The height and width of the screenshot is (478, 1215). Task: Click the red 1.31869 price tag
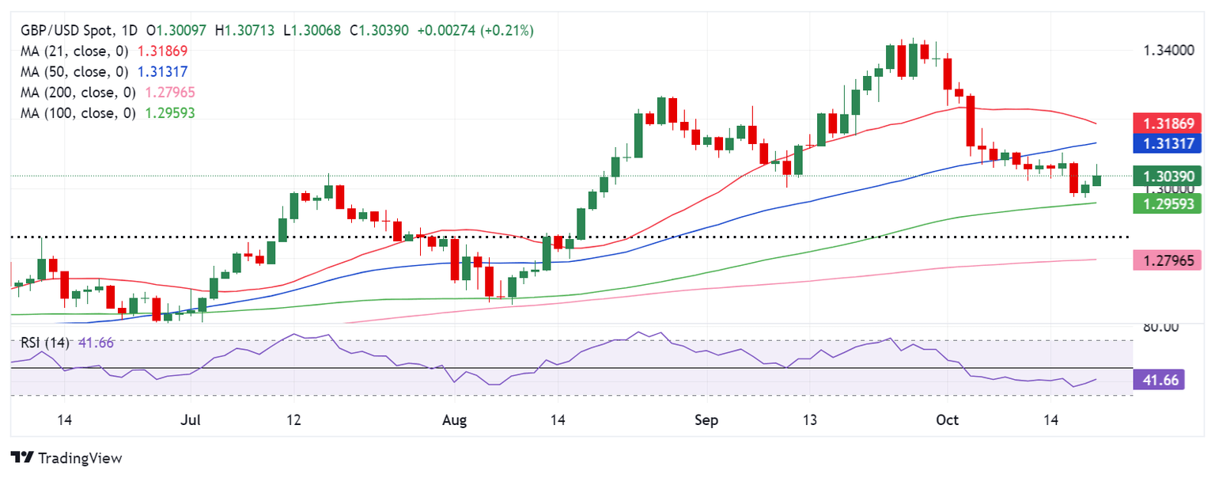[1168, 123]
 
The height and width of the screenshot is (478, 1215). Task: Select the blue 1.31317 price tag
[1168, 143]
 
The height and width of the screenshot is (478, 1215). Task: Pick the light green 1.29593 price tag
[1168, 203]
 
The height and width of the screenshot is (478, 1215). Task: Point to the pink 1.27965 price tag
[1168, 259]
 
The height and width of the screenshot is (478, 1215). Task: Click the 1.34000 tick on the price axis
[1168, 51]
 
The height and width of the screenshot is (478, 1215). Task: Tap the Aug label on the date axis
[454, 419]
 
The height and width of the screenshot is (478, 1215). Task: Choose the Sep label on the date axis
[706, 419]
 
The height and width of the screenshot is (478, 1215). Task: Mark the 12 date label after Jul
[293, 419]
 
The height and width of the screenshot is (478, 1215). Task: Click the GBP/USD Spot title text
[62, 30]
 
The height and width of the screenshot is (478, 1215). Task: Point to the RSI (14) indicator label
[40, 343]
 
